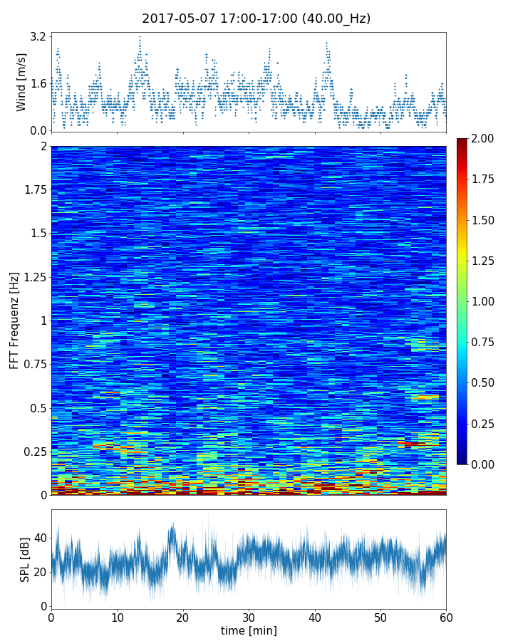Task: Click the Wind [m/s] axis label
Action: click(21, 82)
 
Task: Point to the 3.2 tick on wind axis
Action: click(38, 36)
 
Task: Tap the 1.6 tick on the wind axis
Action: click(38, 83)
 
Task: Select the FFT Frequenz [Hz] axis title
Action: click(14, 320)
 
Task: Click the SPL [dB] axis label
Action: click(25, 559)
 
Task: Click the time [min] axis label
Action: click(249, 630)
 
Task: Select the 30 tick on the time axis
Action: click(249, 617)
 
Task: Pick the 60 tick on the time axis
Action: click(446, 617)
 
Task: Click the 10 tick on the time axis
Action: click(117, 617)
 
